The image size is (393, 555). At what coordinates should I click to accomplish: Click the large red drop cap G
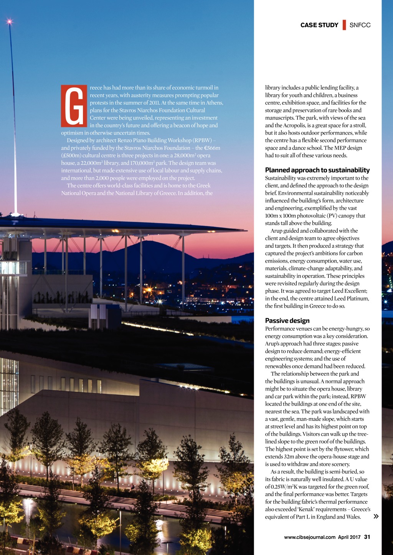click(x=74, y=106)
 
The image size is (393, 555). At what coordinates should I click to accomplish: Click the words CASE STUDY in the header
click(x=319, y=25)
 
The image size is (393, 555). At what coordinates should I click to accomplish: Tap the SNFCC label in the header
click(x=360, y=25)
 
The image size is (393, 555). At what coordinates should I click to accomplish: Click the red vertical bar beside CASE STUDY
click(x=344, y=25)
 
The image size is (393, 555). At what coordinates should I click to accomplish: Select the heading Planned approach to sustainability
click(x=317, y=170)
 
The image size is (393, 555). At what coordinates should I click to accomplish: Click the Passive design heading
click(x=287, y=321)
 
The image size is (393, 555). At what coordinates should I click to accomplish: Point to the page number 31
click(x=367, y=537)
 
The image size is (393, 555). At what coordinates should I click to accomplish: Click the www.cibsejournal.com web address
click(x=310, y=537)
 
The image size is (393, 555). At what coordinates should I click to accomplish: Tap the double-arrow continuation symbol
click(x=376, y=516)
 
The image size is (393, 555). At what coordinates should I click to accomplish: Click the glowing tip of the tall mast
click(x=9, y=21)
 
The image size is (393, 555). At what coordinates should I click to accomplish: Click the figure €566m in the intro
click(x=212, y=148)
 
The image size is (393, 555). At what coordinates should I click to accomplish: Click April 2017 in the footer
click(x=349, y=537)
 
